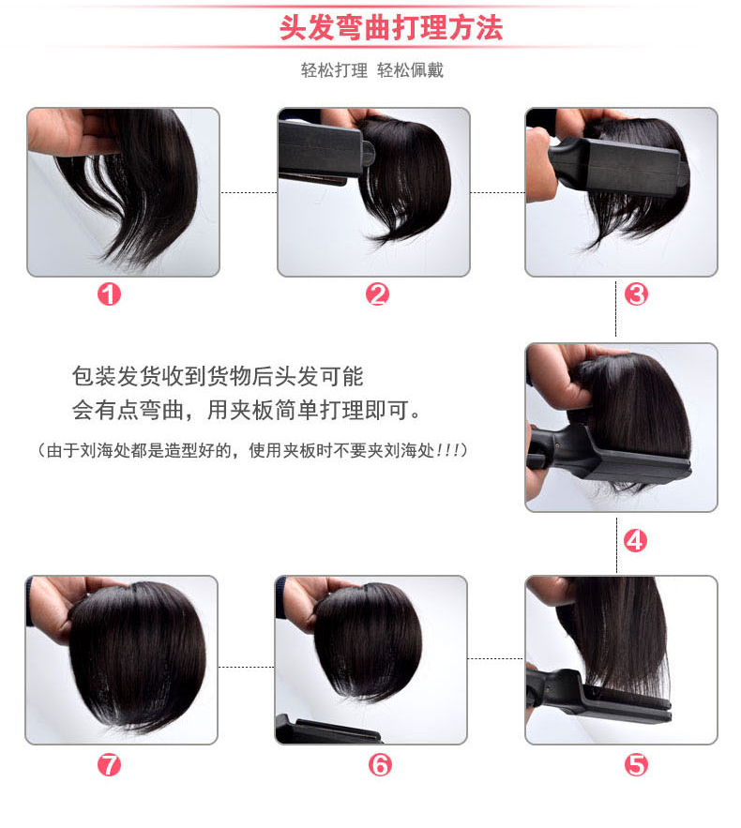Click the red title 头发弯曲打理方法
click(391, 28)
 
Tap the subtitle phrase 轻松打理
click(334, 70)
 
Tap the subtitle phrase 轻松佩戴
click(411, 70)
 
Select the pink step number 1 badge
click(109, 294)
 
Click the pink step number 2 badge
click(377, 294)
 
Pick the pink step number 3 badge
click(636, 294)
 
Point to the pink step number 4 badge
click(635, 541)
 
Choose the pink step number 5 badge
click(636, 764)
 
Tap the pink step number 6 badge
click(380, 764)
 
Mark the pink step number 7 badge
click(109, 764)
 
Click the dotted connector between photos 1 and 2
click(249, 192)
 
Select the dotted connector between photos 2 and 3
click(497, 192)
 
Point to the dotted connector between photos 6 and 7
click(246, 667)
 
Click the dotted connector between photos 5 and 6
click(496, 658)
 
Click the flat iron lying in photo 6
click(326, 730)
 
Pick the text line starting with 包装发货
click(218, 377)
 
